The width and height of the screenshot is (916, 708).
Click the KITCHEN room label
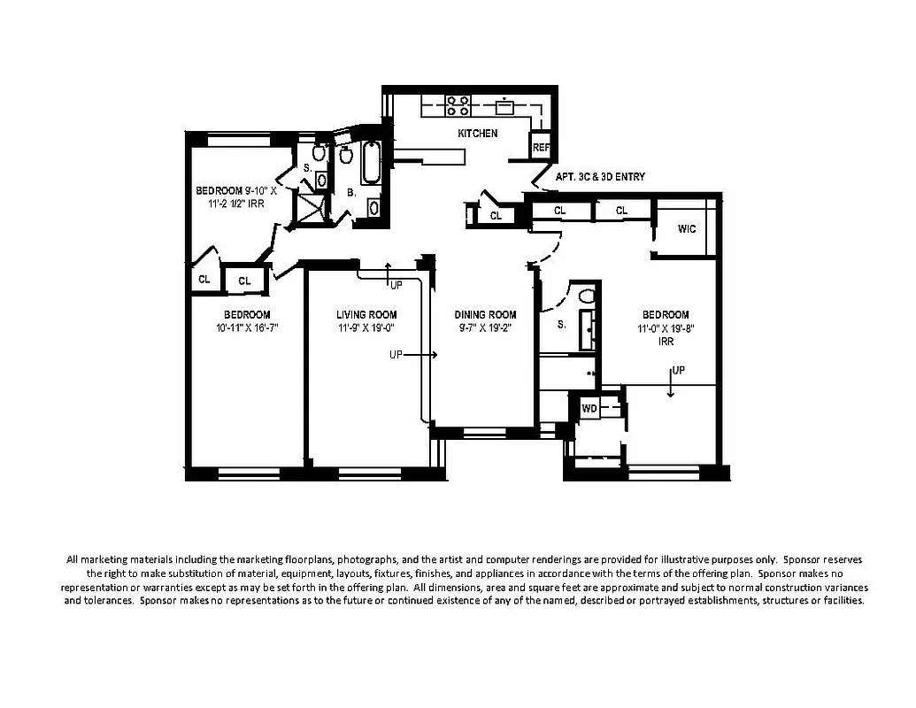(x=477, y=134)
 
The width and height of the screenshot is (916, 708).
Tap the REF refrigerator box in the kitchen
(x=540, y=148)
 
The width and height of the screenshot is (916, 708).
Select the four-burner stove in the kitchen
(x=458, y=106)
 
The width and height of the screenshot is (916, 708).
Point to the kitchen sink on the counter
(x=505, y=107)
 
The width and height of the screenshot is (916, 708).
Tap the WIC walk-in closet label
(x=687, y=229)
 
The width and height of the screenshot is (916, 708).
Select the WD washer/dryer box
(x=589, y=408)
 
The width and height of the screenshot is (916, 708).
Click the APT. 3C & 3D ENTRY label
(x=600, y=177)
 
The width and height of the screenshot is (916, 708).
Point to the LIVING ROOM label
(x=366, y=315)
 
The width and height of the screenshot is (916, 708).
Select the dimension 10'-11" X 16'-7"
(x=247, y=328)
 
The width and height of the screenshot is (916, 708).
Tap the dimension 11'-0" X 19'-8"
(x=666, y=328)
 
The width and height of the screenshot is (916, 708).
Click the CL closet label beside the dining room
(x=496, y=215)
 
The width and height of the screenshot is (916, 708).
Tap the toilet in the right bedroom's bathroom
(x=586, y=296)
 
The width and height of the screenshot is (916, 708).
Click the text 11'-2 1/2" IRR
(x=235, y=204)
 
